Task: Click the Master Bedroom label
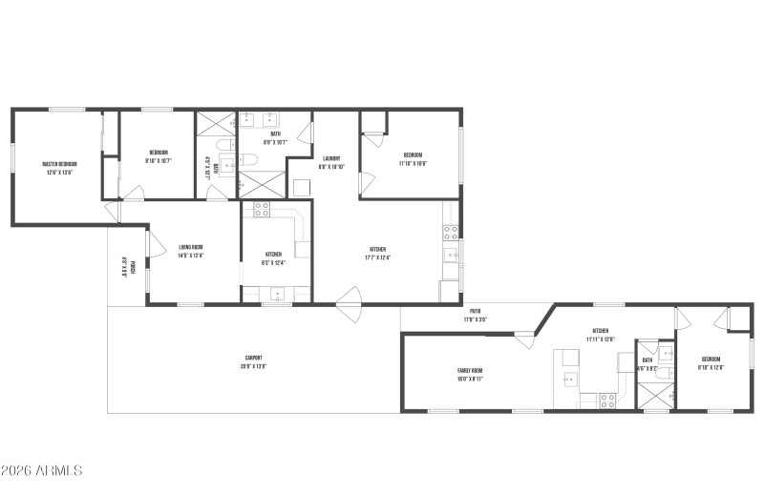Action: tap(59, 164)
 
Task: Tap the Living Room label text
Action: tap(191, 247)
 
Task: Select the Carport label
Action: tap(252, 358)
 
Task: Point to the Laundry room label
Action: tap(331, 158)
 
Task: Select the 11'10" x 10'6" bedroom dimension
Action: tap(413, 163)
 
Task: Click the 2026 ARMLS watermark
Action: tap(43, 470)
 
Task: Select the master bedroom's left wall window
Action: tap(12, 158)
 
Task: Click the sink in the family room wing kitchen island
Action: tap(569, 379)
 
